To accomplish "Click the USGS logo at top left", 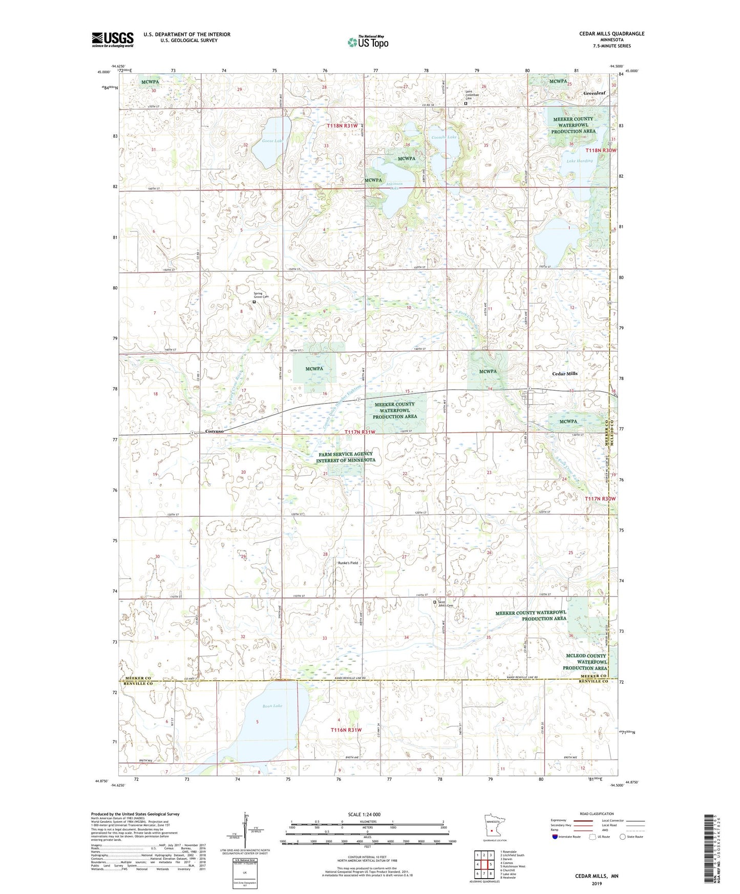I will [x=113, y=39].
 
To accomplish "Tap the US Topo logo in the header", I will [x=368, y=42].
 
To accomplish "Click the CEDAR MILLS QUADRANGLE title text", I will [x=611, y=34].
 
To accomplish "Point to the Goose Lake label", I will [x=272, y=141].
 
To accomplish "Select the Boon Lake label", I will [x=272, y=706].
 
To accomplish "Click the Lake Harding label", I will [x=579, y=161].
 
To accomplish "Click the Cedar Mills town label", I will [x=564, y=374].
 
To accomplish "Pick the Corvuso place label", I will [x=215, y=432].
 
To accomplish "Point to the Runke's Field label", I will [x=348, y=563].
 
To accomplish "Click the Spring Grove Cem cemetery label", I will [x=261, y=295].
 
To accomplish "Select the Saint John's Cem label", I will [x=446, y=604].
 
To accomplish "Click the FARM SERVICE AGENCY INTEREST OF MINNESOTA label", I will [x=345, y=457].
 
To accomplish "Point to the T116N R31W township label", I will [x=346, y=730].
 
